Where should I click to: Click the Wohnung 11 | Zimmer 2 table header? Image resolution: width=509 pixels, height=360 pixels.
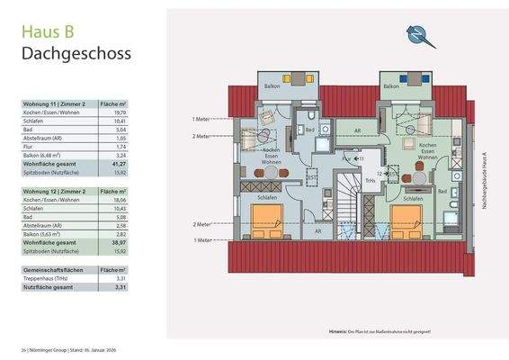56,104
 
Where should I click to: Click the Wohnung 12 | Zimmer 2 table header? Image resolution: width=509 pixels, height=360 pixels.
56,192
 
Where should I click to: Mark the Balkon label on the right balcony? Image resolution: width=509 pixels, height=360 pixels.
390,86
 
